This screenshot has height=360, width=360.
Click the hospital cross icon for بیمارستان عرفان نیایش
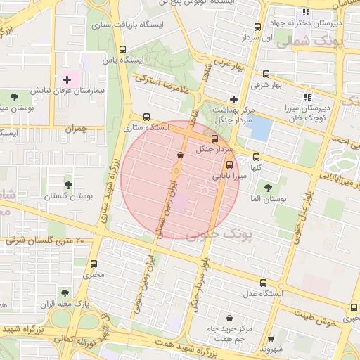click(67, 79)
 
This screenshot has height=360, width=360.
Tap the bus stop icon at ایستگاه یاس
click(124, 49)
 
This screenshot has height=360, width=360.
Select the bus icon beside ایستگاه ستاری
click(146, 117)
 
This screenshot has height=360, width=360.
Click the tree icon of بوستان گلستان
click(68, 185)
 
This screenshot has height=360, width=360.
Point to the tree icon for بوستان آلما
click(268, 187)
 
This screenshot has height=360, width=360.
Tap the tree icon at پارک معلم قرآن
click(64, 292)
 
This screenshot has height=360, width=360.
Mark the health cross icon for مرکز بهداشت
click(234, 100)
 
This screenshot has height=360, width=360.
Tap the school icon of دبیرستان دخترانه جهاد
click(305, 12)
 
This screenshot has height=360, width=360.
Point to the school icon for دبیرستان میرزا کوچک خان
click(307, 97)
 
